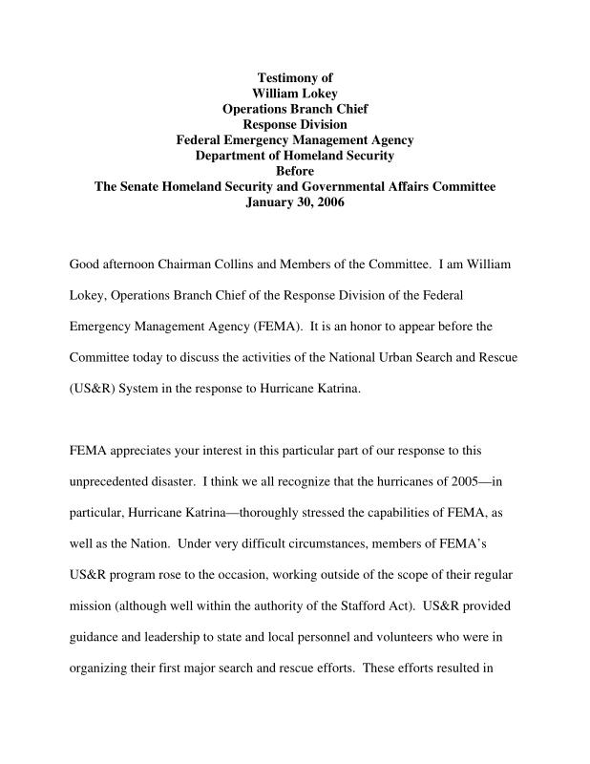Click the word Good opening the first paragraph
point(85,264)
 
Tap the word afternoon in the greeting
point(134,264)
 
